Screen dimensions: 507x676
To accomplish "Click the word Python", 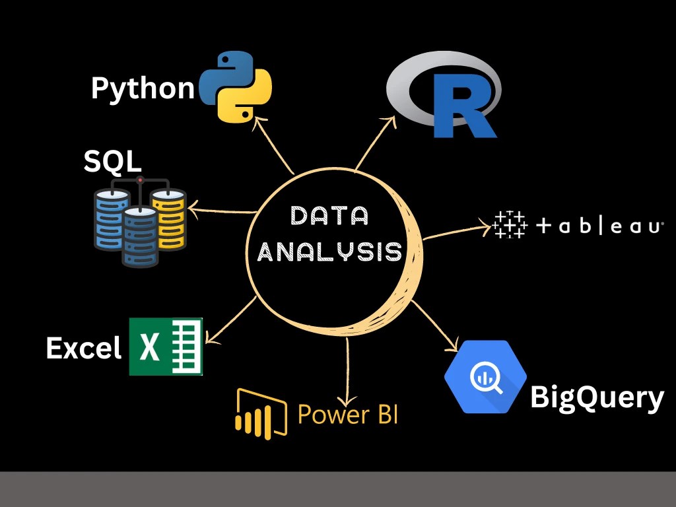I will pos(143,87).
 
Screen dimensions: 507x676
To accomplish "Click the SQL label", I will pos(112,162).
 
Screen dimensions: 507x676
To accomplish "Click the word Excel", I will pos(84,348).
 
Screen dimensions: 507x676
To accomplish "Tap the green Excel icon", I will pos(166,347).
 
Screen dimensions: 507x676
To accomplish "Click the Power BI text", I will pos(348,415).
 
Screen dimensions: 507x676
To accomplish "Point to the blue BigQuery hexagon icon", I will pos(485,377).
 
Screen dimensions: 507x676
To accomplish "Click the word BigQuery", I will pos(596,397).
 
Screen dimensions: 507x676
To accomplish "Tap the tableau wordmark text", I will pos(598,226).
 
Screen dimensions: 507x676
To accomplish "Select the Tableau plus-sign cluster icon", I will pos(510,225).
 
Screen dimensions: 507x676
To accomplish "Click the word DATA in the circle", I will pos(329,217).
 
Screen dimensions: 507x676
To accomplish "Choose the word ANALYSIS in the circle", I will pos(329,252).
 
